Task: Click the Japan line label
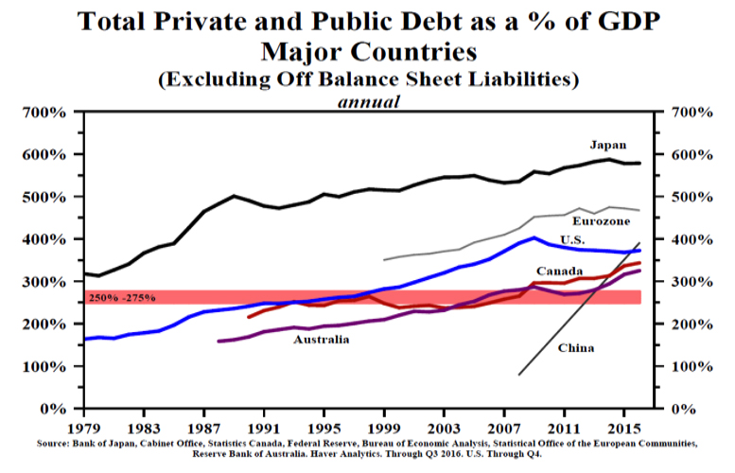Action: click(607, 145)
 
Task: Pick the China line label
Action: click(576, 348)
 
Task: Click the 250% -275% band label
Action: click(123, 299)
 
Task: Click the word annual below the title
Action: click(370, 100)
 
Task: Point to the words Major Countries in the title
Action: click(367, 49)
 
